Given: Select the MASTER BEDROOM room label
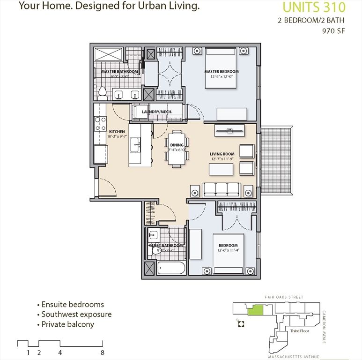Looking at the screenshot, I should pyautogui.click(x=222, y=72).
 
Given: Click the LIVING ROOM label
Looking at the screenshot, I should pyautogui.click(x=222, y=154).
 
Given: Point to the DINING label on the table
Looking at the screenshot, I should pyautogui.click(x=177, y=145).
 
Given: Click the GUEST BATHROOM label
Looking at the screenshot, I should pyautogui.click(x=166, y=246).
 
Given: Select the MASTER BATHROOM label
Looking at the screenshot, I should pyautogui.click(x=120, y=72).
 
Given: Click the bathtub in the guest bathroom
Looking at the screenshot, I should pyautogui.click(x=171, y=269).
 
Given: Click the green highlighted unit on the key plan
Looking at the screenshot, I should pyautogui.click(x=255, y=310).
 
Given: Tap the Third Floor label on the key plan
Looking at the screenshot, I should pyautogui.click(x=300, y=330).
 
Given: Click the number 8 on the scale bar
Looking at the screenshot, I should pyautogui.click(x=102, y=353).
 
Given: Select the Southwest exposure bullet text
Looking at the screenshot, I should pyautogui.click(x=76, y=314).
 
